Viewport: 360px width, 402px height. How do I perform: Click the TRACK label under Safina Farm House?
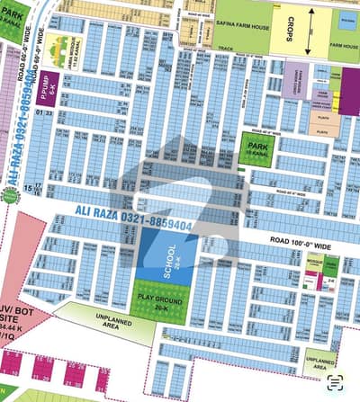coord(225,51)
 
